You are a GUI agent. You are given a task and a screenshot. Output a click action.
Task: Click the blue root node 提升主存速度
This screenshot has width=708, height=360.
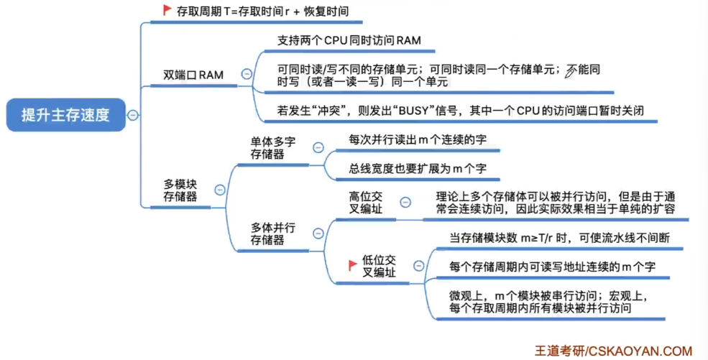tap(65, 115)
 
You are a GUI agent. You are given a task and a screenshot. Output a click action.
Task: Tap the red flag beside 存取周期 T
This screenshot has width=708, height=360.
tap(167, 10)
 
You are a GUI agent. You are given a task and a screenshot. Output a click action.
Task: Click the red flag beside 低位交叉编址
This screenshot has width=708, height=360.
tap(353, 265)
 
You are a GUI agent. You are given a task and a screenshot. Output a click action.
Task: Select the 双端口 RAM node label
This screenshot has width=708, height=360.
tap(193, 75)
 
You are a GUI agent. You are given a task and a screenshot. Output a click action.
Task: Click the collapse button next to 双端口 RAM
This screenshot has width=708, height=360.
tap(247, 73)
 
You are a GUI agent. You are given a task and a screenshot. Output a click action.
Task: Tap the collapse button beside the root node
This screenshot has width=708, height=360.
tap(133, 116)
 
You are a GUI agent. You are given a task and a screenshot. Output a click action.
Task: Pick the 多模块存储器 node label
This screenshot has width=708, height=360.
tap(180, 190)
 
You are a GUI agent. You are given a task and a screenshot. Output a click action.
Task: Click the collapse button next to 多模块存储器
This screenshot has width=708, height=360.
tap(220, 190)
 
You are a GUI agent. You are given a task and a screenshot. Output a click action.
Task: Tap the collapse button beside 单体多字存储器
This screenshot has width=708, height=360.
tap(318, 147)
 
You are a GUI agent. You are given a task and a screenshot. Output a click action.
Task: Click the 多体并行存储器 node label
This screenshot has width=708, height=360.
tap(272, 234)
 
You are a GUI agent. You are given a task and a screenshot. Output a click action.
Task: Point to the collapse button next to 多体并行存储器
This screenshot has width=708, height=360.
tap(318, 234)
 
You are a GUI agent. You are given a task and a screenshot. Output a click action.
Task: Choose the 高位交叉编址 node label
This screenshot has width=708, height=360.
tap(366, 203)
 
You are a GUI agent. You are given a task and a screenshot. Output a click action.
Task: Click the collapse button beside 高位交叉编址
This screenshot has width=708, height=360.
tap(405, 203)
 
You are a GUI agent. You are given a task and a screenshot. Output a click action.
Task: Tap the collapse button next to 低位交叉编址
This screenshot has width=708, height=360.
tap(418, 266)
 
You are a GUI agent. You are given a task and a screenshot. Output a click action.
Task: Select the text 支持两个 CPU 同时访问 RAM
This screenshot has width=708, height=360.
tap(349, 41)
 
